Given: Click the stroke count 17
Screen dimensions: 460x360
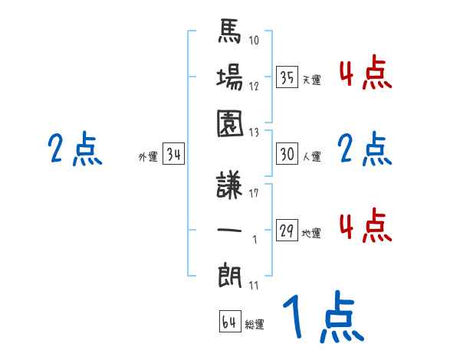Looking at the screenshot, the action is [x=255, y=193].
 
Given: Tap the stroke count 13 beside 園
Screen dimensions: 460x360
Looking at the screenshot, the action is [x=255, y=132].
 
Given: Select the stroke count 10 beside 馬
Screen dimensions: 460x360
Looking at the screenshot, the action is [x=255, y=39].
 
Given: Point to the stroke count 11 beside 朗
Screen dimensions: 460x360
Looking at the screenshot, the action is [x=255, y=286].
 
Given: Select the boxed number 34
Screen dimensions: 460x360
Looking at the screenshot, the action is [x=173, y=155].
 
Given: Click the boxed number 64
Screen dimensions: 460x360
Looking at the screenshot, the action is [x=228, y=322].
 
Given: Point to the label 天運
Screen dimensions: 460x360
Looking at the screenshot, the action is [x=311, y=80].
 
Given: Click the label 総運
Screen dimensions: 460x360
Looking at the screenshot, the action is [x=255, y=325].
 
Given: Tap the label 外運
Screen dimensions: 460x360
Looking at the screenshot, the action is [x=148, y=158].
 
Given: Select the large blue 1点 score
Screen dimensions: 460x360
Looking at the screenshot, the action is [x=322, y=319].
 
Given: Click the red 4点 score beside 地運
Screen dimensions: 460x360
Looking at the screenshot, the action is [x=365, y=227].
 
